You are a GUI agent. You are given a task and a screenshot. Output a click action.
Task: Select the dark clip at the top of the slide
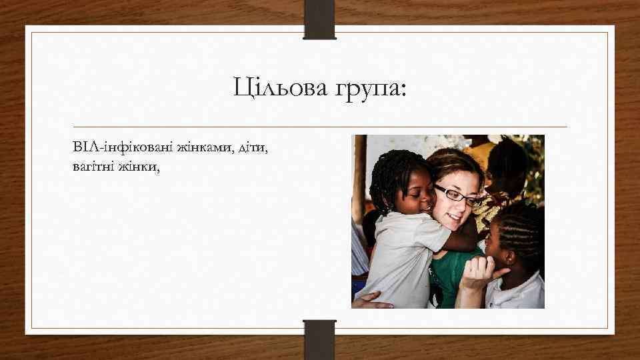(x=320, y=19)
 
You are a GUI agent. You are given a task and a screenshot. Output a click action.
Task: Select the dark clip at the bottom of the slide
(x=320, y=340)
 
